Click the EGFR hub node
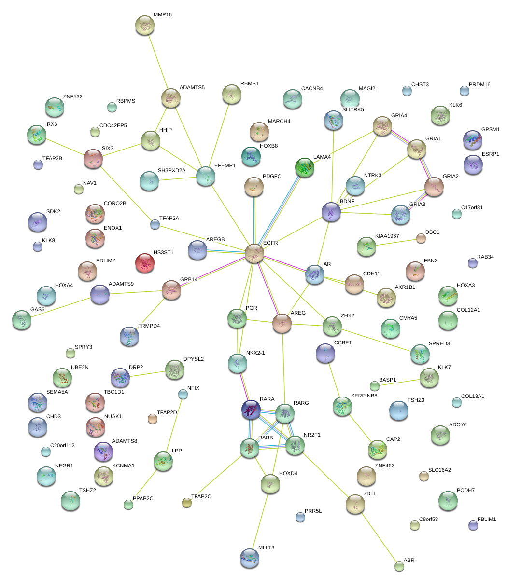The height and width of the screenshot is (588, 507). pos(254,253)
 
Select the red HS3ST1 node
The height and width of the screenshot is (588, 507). pos(144,263)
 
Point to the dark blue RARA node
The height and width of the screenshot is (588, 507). pos(251,410)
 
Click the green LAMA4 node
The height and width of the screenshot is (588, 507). pos(304,167)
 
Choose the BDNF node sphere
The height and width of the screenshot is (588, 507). pos(331,212)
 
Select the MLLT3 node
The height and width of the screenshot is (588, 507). pos(249,558)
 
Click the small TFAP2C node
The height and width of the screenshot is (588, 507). pos(187,503)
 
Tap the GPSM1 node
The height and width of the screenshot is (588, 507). pos(472,140)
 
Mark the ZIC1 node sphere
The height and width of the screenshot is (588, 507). pos(356,504)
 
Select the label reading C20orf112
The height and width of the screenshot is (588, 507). pos(62,445)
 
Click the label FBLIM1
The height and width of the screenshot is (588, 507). pos(486,519)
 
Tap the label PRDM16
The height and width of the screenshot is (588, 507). pos(479,84)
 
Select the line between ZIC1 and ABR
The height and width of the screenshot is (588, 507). pos(378,535)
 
